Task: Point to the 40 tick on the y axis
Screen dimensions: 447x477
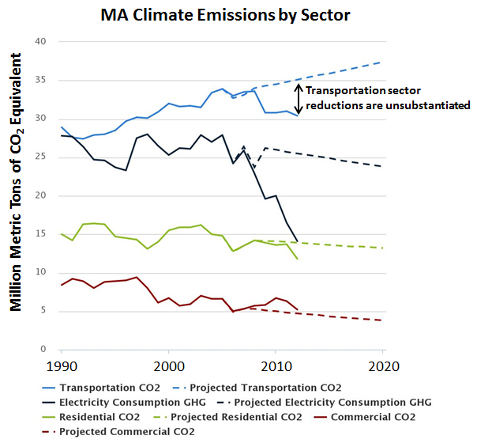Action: click(42, 42)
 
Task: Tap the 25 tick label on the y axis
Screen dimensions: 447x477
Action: click(42, 157)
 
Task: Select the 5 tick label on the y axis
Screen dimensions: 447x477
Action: click(45, 311)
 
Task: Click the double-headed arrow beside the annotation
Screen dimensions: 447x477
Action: click(299, 99)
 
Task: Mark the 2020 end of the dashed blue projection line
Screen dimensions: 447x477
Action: click(382, 62)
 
